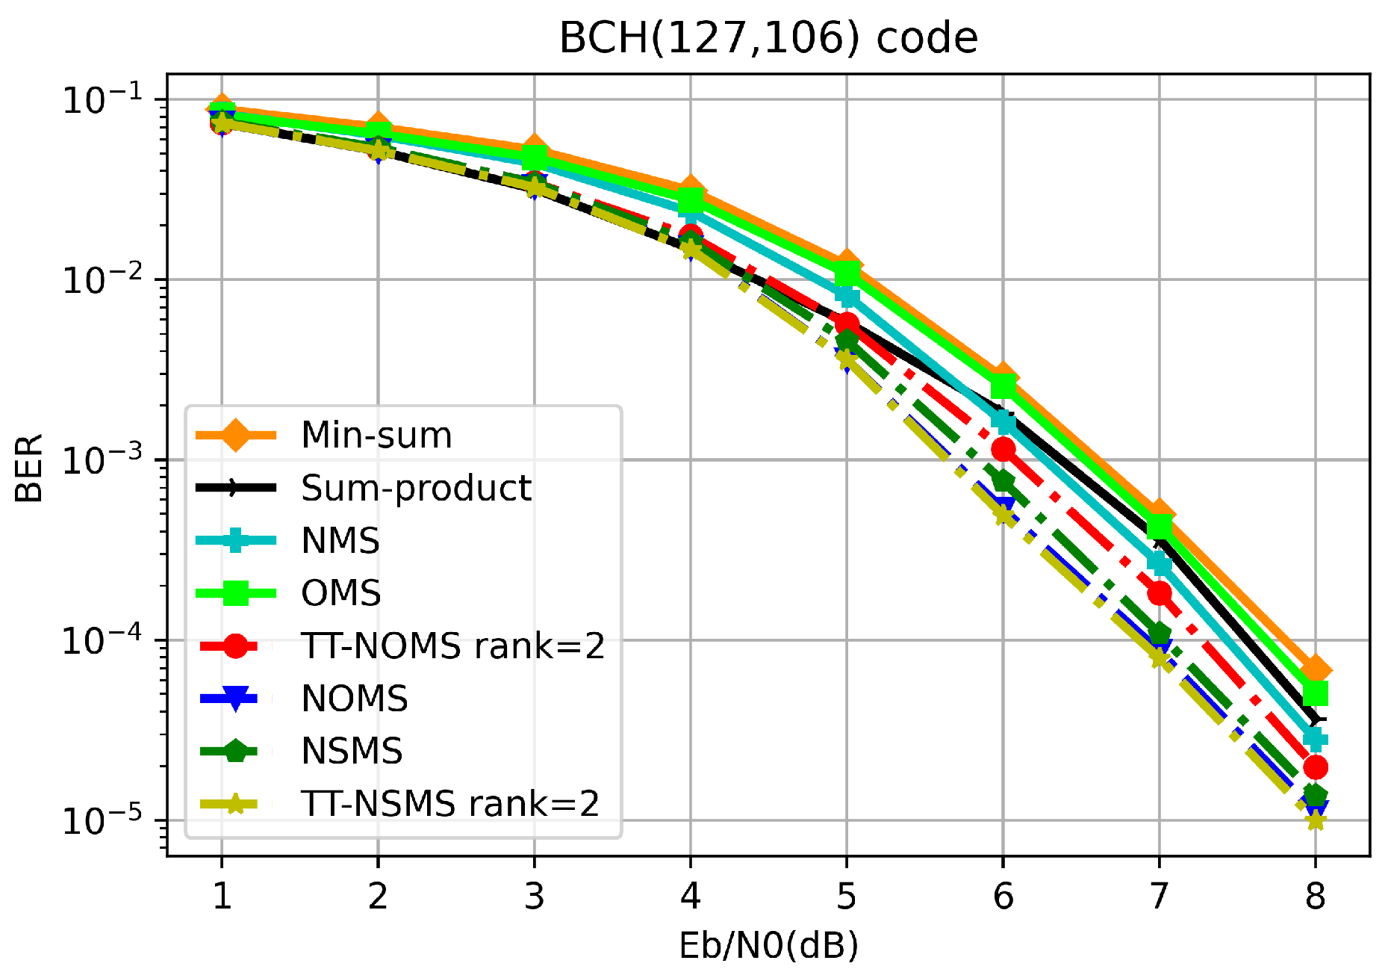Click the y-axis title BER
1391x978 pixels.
click(x=30, y=468)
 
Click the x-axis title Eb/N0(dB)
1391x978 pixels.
click(x=768, y=946)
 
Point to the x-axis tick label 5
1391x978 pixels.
click(x=846, y=895)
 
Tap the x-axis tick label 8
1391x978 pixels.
click(x=1315, y=895)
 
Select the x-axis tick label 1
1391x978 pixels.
click(x=222, y=895)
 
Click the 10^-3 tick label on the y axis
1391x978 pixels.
click(x=102, y=460)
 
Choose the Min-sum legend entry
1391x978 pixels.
click(x=376, y=435)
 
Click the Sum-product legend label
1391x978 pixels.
click(x=416, y=488)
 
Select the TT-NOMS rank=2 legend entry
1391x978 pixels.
click(x=452, y=646)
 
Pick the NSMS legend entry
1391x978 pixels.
click(x=352, y=751)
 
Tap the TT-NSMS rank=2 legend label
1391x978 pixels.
click(x=449, y=804)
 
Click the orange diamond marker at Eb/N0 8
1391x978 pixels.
click(x=1315, y=669)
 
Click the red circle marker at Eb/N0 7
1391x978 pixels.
click(x=1159, y=593)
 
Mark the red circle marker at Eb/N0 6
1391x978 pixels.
click(x=1003, y=450)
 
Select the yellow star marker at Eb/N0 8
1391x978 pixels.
click(x=1315, y=821)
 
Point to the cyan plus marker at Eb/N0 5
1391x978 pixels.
click(x=847, y=297)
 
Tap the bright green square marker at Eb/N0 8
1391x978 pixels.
click(x=1315, y=693)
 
